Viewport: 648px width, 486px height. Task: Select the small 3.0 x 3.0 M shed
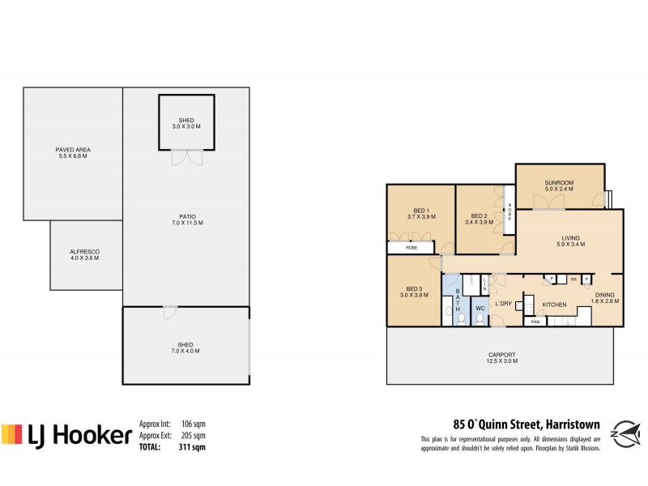[187, 122]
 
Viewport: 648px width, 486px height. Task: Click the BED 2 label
[478, 219]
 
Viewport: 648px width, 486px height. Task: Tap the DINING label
[605, 297]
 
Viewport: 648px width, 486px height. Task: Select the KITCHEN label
[553, 305]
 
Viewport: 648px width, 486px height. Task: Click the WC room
[479, 309]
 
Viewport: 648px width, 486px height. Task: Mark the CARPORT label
[502, 358]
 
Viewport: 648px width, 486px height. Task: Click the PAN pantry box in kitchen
[535, 322]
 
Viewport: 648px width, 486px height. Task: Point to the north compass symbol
[625, 432]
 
